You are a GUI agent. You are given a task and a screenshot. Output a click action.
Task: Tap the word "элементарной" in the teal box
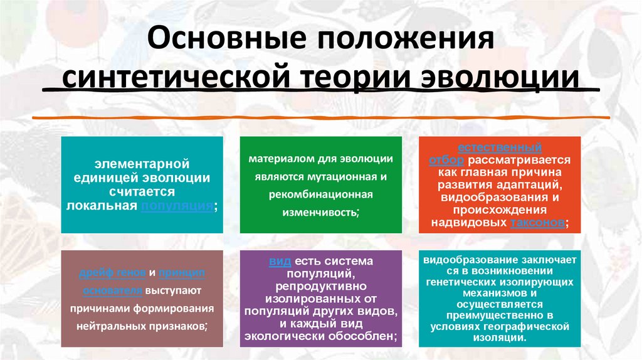pos(142,164)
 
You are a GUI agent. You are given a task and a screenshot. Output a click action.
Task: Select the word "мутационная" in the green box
pos(359,177)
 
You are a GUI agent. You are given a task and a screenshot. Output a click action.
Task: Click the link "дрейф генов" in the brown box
pos(113,273)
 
